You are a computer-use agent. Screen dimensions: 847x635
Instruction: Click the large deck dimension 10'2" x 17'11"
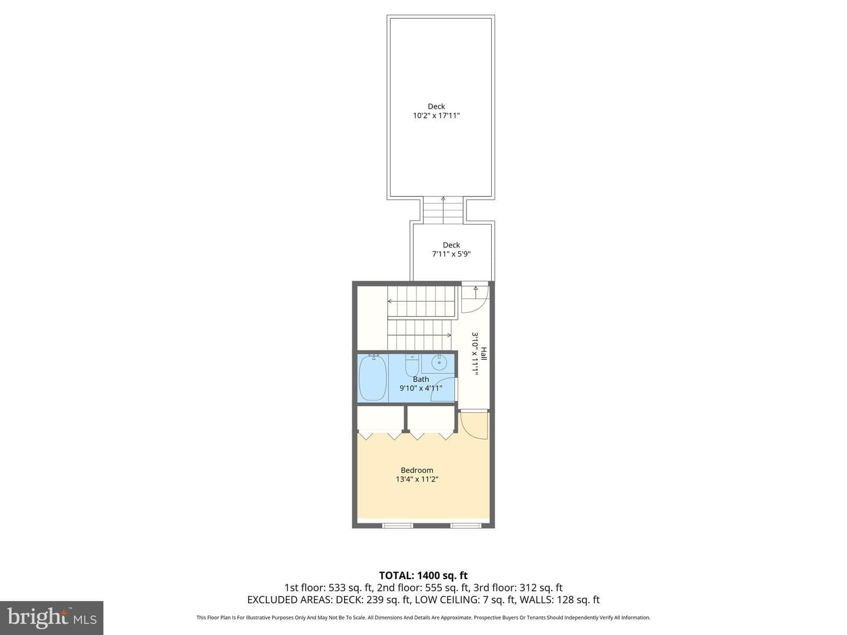[x=436, y=115]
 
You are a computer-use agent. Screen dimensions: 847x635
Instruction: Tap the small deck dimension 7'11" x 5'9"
[x=451, y=253]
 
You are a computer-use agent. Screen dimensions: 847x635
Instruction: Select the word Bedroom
[x=417, y=470]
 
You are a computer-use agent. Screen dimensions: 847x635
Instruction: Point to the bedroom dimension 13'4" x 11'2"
[x=417, y=479]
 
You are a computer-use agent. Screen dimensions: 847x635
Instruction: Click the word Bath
[x=421, y=379]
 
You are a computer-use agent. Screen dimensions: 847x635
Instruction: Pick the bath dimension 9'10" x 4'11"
[x=421, y=388]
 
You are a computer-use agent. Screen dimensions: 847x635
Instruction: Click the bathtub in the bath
[x=373, y=378]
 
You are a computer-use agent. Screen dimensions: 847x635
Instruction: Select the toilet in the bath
[x=412, y=366]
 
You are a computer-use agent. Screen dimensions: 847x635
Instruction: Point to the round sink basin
[x=439, y=362]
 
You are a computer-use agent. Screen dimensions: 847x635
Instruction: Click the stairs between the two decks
[x=443, y=210]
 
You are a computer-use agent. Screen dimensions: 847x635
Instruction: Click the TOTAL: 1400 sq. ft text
[x=423, y=576]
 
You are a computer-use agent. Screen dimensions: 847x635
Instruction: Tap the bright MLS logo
[x=52, y=617]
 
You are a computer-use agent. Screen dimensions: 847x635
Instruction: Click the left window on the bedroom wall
[x=398, y=525]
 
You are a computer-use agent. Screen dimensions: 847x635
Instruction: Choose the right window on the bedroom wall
[x=466, y=525]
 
